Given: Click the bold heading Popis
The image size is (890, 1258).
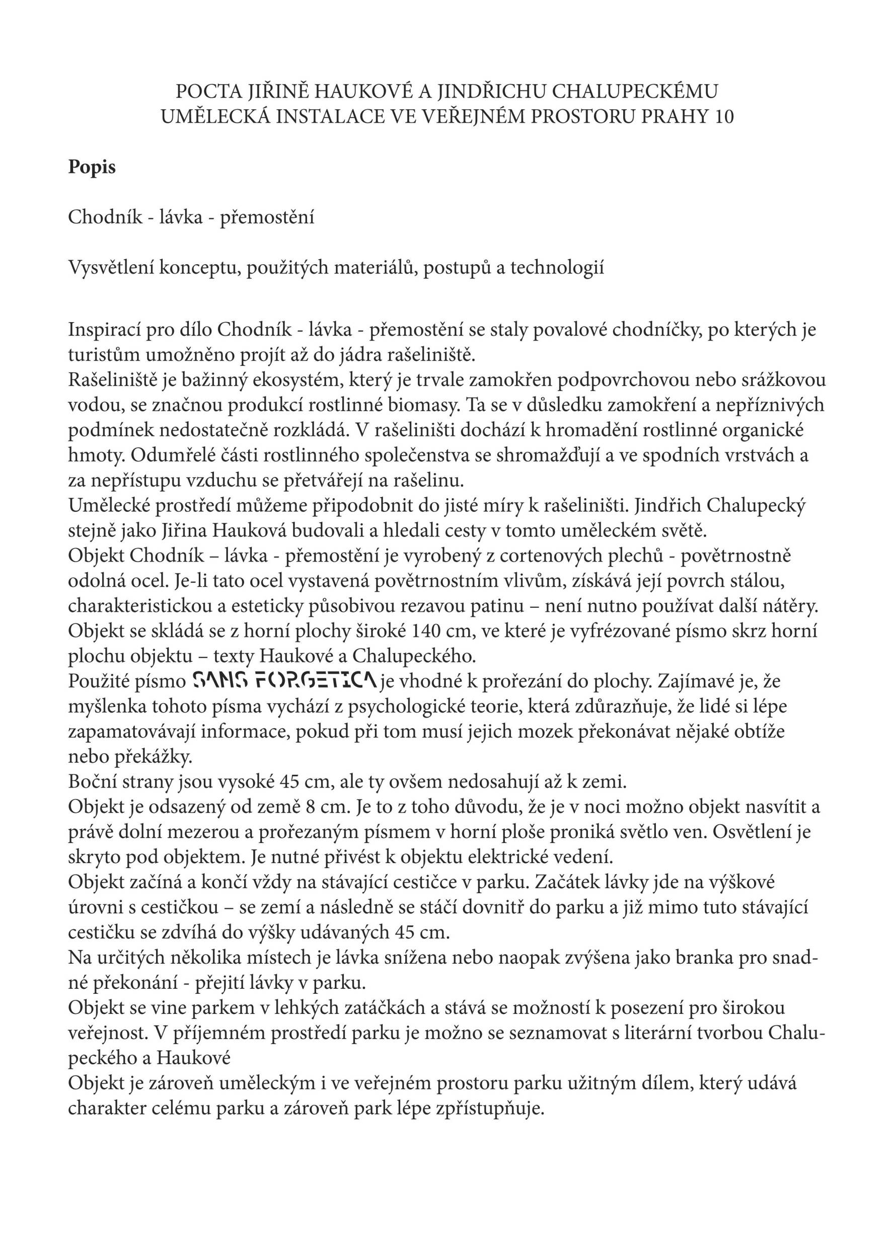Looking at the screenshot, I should (x=92, y=167).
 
